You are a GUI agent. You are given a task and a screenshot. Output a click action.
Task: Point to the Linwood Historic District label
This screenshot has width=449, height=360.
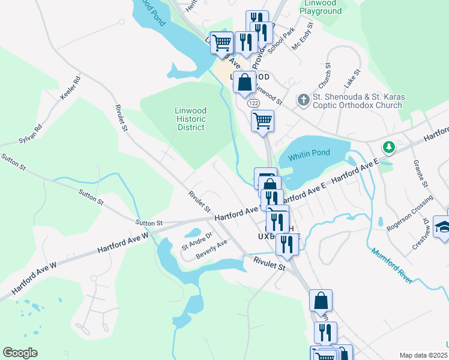click(190, 119)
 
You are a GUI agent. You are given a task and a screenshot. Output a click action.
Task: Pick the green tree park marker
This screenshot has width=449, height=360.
click(389, 147)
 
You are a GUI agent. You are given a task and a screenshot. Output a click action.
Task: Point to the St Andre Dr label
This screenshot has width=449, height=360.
click(197, 241)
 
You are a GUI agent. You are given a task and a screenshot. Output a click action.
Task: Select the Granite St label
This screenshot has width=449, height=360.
click(419, 173)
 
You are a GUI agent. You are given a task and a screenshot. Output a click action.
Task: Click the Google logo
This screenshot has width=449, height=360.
click(20, 353)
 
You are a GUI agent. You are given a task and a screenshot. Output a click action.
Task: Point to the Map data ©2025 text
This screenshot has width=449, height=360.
click(422, 355)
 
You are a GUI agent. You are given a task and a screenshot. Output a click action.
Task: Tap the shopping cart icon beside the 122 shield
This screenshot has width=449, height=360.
click(262, 121)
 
